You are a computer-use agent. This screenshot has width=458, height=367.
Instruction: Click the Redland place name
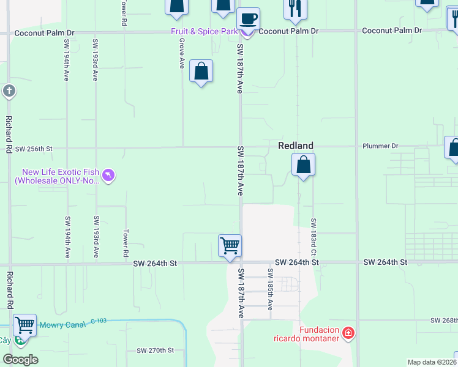tap(296, 146)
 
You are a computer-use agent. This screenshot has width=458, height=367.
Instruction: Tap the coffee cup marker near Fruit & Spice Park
tap(248, 18)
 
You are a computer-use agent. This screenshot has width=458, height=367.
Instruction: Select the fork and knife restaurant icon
tap(295, 8)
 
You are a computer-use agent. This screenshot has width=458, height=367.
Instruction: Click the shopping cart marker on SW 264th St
tap(230, 246)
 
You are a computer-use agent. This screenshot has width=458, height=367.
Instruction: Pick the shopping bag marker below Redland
tap(303, 165)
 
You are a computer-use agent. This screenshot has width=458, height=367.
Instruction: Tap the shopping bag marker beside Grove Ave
tap(201, 72)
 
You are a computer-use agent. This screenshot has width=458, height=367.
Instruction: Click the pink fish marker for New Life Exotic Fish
tap(108, 176)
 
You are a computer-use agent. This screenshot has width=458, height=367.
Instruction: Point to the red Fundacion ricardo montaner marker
tap(348, 333)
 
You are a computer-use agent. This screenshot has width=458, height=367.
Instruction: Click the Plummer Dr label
tap(380, 146)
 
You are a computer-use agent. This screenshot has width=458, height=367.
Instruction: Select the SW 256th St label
tap(34, 149)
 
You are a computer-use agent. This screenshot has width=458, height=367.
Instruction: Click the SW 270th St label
tap(156, 350)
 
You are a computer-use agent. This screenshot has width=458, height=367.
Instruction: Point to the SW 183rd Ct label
tap(313, 237)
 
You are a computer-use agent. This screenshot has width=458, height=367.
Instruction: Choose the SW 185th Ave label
tap(269, 288)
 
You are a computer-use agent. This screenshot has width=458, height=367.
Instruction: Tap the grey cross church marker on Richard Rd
tap(9, 92)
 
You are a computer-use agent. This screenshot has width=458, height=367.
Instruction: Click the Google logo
tap(20, 359)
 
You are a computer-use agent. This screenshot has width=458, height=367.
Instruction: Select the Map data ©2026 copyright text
tap(432, 362)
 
